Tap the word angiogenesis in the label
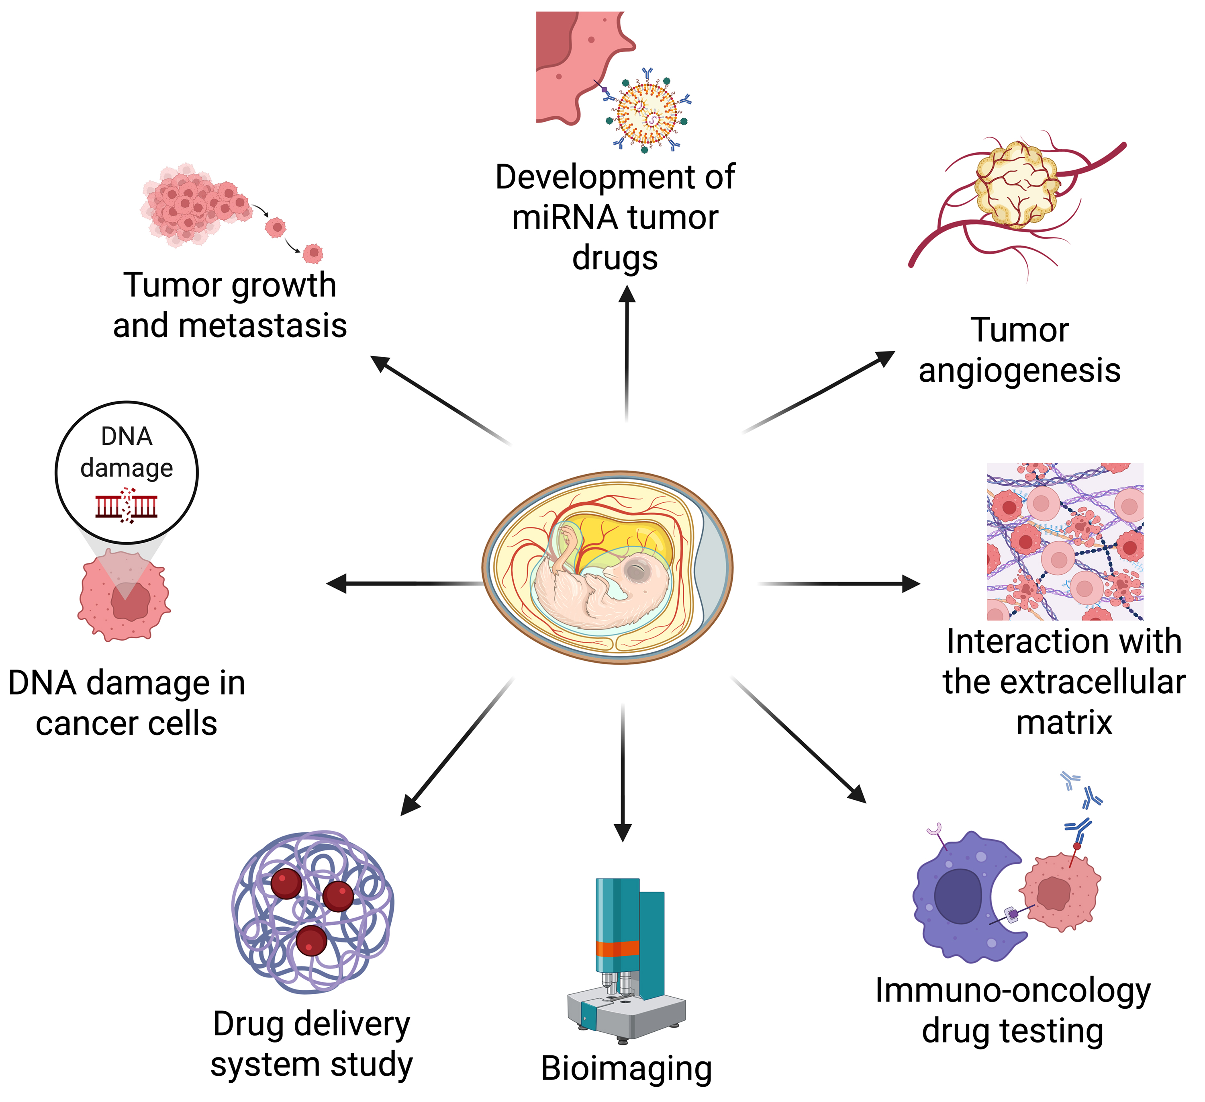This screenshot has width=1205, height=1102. click(x=1019, y=371)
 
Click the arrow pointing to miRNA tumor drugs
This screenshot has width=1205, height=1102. click(x=627, y=353)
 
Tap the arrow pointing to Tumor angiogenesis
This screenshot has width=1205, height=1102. click(x=819, y=392)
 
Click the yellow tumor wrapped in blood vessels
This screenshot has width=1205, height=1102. click(x=1016, y=184)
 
